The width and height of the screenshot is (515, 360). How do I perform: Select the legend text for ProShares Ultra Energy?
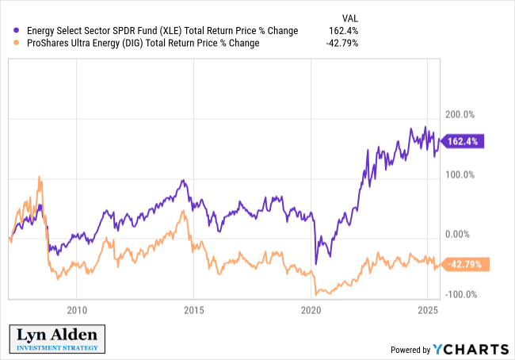(x=142, y=43)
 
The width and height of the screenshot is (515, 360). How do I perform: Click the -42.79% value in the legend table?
(x=342, y=43)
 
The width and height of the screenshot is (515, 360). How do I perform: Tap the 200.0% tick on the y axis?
(x=459, y=115)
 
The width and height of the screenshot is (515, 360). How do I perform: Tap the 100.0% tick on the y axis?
(x=459, y=174)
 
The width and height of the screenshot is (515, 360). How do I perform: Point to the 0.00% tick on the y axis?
(x=460, y=235)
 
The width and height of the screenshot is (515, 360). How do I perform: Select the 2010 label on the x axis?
(x=76, y=309)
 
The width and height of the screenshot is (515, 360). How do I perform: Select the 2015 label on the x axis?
(x=193, y=309)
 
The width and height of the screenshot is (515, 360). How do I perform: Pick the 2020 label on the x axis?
(x=311, y=309)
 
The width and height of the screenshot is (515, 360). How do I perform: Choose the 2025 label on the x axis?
(x=427, y=309)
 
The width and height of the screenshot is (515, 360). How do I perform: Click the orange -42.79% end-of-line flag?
(x=463, y=264)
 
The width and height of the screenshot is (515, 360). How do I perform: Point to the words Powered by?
(x=410, y=350)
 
